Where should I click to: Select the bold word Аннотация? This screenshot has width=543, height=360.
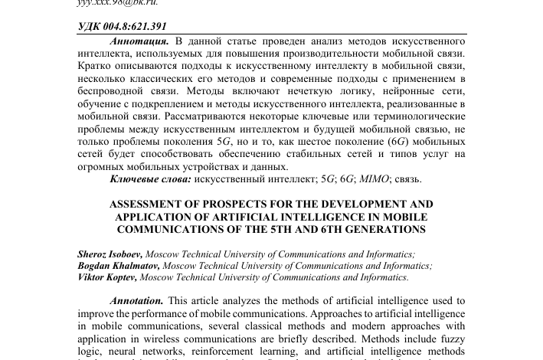[x=139, y=40]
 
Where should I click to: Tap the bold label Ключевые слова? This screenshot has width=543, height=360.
[x=150, y=179]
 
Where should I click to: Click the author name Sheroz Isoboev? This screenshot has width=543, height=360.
[x=110, y=254]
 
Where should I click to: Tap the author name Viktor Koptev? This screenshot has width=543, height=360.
[x=107, y=277]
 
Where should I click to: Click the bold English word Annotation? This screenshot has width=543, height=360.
[x=136, y=302]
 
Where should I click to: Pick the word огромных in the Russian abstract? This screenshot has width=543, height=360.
[x=99, y=166]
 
